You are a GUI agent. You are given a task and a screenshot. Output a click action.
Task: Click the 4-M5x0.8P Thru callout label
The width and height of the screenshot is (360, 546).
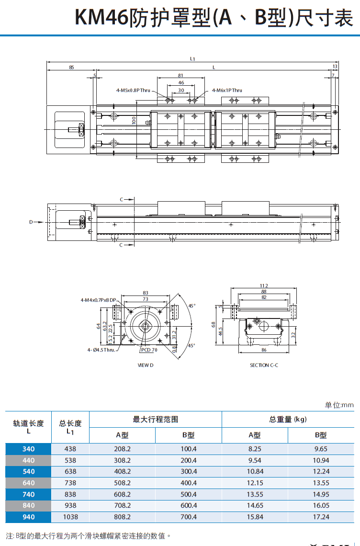click(x=133, y=90)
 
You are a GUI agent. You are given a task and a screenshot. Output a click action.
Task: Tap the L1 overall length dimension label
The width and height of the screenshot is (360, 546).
click(x=192, y=58)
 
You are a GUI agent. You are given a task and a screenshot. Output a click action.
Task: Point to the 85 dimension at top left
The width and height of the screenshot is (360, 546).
click(x=71, y=68)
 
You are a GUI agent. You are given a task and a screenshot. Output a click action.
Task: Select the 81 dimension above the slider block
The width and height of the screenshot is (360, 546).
click(x=180, y=75)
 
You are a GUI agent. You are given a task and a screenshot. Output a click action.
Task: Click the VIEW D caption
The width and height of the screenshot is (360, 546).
click(x=146, y=365)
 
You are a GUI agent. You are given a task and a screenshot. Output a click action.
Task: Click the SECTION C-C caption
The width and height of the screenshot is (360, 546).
click(x=264, y=365)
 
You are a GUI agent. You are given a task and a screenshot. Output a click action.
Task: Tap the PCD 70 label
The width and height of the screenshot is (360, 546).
click(x=149, y=350)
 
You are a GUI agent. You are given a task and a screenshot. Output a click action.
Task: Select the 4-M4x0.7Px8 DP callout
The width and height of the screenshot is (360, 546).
click(x=99, y=300)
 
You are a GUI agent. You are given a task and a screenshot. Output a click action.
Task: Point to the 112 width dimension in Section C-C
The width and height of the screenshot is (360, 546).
click(x=264, y=286)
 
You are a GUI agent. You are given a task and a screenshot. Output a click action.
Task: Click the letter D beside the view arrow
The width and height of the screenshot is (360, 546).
click(x=31, y=222)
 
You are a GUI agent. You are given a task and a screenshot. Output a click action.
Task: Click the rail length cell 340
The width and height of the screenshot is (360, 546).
click(x=28, y=449)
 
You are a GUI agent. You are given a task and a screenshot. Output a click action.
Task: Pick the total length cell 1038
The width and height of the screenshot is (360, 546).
click(x=70, y=517)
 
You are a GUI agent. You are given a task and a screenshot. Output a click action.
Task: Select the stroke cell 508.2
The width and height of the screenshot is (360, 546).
click(x=122, y=483)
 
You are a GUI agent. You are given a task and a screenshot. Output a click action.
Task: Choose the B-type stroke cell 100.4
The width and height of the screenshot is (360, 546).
click(x=188, y=449)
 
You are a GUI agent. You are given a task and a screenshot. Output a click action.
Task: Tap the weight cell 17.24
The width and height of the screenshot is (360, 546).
click(x=321, y=517)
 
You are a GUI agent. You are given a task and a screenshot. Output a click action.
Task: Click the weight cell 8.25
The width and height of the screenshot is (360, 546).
click(x=255, y=449)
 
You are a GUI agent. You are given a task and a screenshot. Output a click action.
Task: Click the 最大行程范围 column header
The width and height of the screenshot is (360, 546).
click(x=155, y=419)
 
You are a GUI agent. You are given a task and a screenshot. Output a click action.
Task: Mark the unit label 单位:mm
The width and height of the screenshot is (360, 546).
click(x=339, y=405)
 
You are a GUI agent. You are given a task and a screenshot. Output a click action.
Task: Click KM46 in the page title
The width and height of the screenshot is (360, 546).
click(x=101, y=18)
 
